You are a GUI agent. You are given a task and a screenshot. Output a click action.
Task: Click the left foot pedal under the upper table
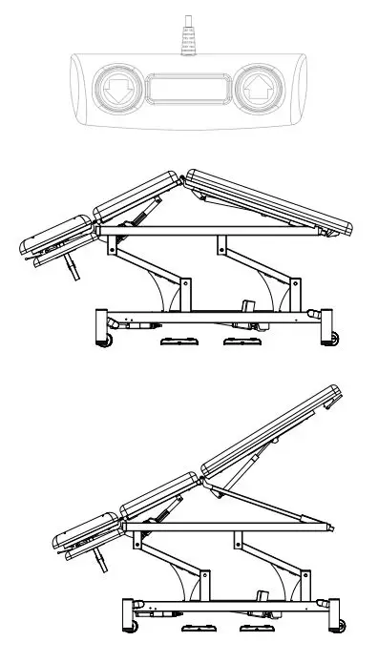pyautogui.click(x=176, y=343)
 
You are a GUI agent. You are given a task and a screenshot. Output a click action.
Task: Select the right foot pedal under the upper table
pyautogui.click(x=236, y=343)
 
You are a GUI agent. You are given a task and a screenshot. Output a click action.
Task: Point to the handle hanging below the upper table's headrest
pyautogui.click(x=70, y=270)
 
